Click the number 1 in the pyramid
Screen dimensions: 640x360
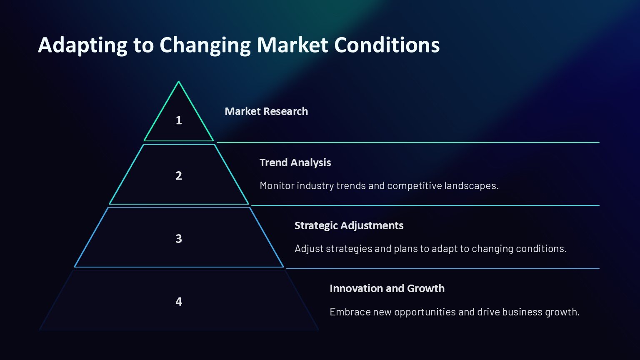tap(179, 120)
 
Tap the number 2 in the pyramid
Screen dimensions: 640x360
tap(179, 176)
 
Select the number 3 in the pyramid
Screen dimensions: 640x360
tap(179, 239)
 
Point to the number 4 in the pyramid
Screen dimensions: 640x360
tap(179, 302)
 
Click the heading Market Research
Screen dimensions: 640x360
tap(266, 111)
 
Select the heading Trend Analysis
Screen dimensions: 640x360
tap(295, 162)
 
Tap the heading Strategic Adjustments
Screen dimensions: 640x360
tap(349, 226)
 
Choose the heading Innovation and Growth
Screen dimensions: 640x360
tap(387, 289)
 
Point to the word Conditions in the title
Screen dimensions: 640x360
tap(387, 45)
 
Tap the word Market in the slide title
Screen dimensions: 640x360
tap(292, 45)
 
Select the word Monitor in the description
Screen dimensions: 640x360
tap(277, 186)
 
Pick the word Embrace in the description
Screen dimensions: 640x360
tap(350, 312)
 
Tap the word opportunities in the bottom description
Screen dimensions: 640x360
tap(425, 312)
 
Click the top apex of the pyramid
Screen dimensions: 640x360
tap(179, 82)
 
